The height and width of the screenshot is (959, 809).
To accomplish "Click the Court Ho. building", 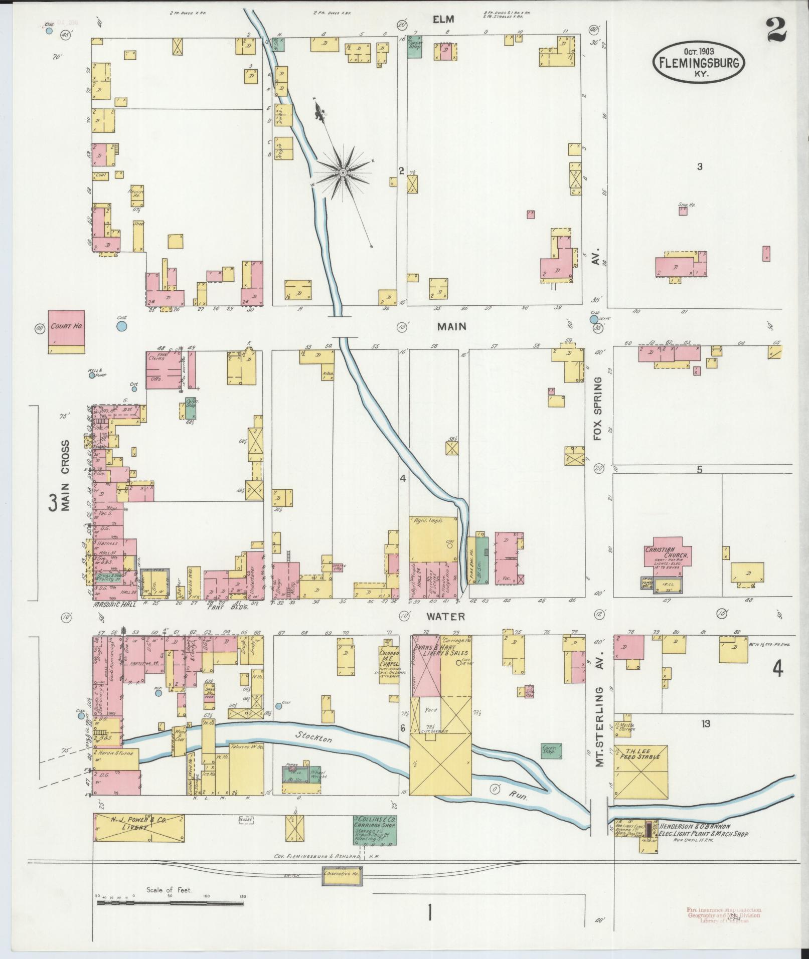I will point(66,331).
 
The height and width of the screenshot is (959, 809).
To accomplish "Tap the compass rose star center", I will point(343,172).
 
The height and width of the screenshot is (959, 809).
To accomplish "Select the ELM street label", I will point(444,20).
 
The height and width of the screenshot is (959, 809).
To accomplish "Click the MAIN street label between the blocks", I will point(451,326).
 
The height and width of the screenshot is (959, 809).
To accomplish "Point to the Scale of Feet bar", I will point(170,903).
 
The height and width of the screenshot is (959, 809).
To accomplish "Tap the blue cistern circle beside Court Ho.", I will point(121,326).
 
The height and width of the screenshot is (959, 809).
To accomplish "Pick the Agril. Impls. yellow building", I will point(433,539).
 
